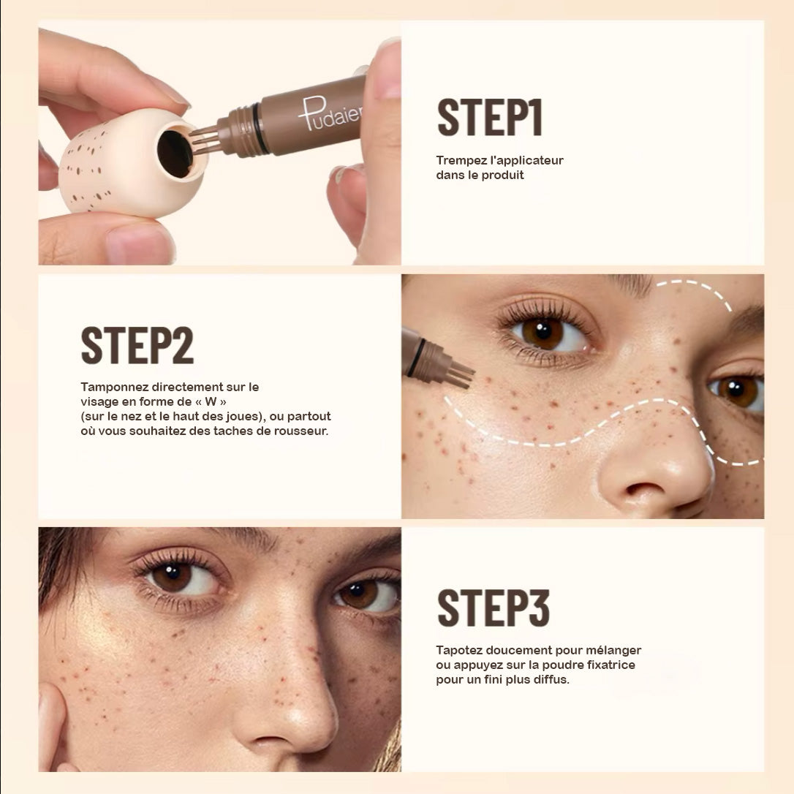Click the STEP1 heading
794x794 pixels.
coord(490,118)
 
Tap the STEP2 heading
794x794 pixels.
coord(137,345)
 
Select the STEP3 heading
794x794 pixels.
coord(494,608)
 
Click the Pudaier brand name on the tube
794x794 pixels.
coord(330,114)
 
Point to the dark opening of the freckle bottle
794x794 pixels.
coord(175,154)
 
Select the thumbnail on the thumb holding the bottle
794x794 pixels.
coord(137,244)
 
